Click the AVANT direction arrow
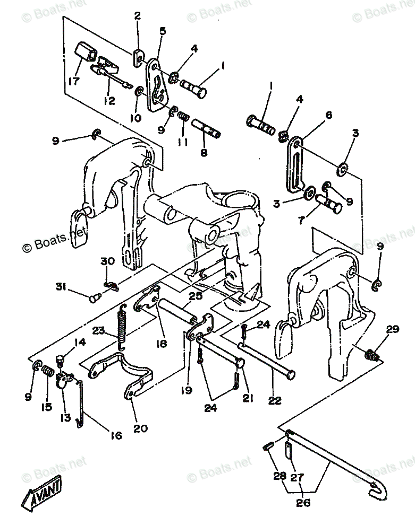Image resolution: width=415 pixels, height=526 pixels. pos(41,493)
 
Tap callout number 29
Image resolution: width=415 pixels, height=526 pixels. pos(392,330)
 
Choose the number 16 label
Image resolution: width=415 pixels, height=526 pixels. pos(115,435)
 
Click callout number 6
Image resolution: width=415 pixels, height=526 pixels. pos(328,115)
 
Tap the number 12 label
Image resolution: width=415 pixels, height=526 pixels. pos(109,100)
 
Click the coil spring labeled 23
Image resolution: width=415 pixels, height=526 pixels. pos(122,328)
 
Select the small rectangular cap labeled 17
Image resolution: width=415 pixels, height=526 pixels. pos(86,52)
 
